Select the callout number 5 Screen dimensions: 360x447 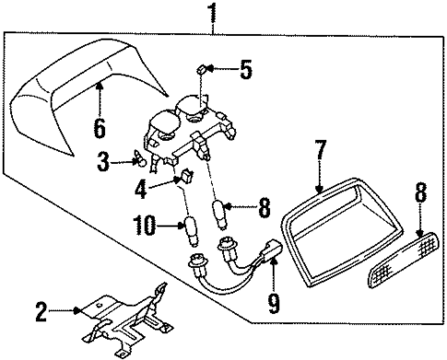point(244,69)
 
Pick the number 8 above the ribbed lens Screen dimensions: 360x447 point(422,193)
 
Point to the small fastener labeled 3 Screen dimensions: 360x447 point(141,163)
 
